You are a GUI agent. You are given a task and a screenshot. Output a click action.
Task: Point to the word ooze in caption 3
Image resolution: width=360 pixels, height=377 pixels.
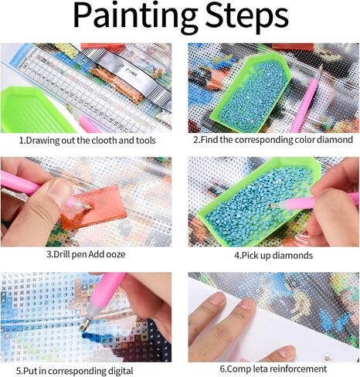click(x=114, y=253)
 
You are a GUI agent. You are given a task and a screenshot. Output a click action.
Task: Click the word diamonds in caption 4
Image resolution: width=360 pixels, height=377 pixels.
click(x=293, y=253)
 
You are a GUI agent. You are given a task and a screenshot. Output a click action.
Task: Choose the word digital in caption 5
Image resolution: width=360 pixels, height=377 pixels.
click(x=127, y=369)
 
